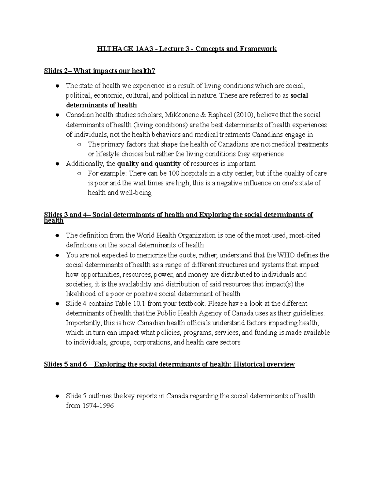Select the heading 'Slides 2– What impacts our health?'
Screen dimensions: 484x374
99,71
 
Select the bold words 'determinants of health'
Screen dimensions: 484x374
101,105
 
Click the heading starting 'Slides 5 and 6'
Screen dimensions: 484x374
169,364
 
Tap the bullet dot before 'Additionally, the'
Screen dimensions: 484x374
57,164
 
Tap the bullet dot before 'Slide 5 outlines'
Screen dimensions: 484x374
57,396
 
